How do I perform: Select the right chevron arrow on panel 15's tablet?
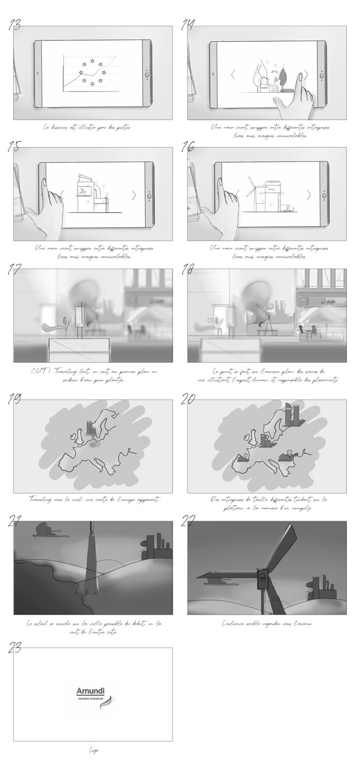click(x=134, y=195)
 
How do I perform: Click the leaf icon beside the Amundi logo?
click(x=111, y=703)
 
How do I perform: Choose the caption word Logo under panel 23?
click(x=93, y=750)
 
